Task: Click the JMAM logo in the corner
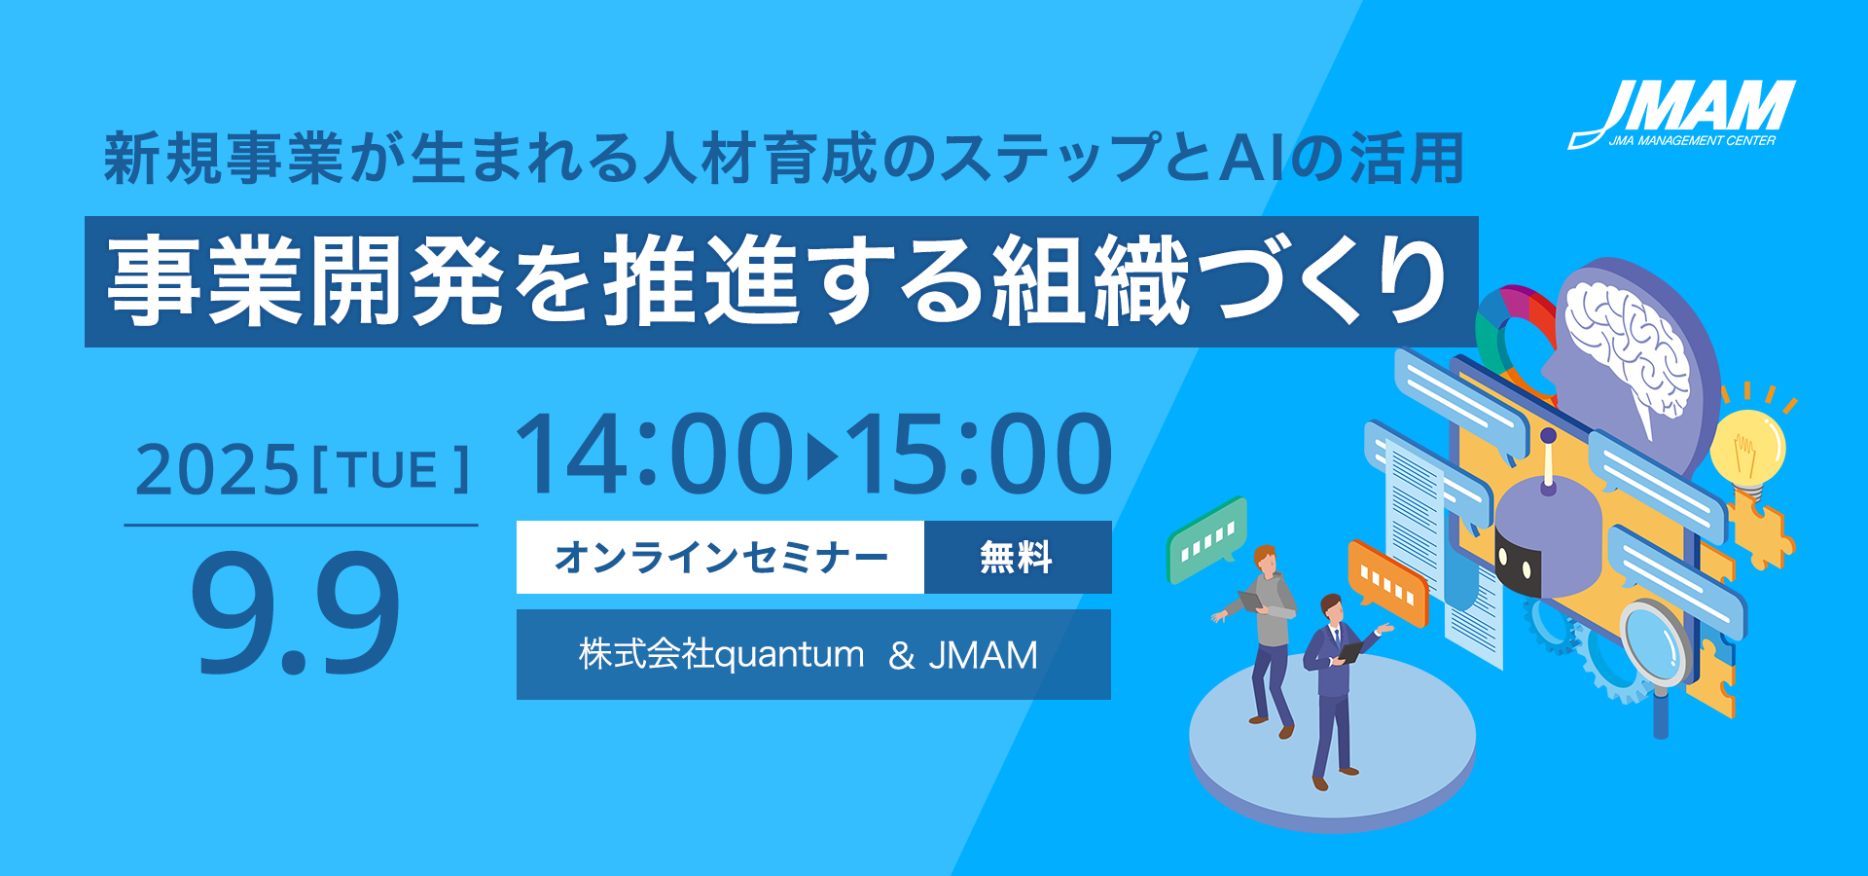(1682, 114)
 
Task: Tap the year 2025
(217, 470)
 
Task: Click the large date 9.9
(296, 613)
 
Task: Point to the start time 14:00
(654, 454)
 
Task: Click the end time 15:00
(979, 454)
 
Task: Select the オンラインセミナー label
(721, 558)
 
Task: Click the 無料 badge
(1017, 558)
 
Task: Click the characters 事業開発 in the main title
(305, 282)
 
